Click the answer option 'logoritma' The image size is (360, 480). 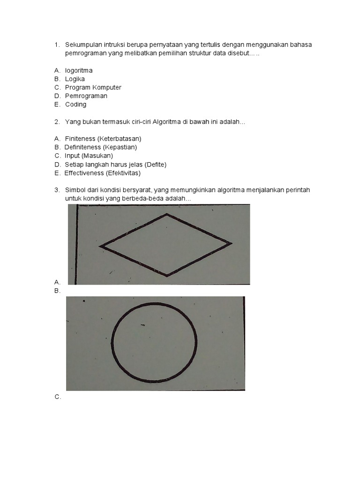tap(79, 71)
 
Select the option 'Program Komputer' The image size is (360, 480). tap(93, 88)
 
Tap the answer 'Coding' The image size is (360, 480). tap(75, 105)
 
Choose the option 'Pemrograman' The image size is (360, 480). tap(86, 96)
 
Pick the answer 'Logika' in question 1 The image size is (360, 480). tap(75, 79)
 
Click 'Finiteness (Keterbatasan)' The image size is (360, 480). tap(103, 139)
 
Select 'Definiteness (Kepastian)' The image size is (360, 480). tap(101, 147)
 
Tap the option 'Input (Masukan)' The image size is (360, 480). tap(89, 156)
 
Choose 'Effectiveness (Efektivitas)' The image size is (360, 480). tap(103, 173)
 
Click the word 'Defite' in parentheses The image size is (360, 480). tap(155, 165)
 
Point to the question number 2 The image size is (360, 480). tap(57, 122)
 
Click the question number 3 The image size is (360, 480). tap(57, 190)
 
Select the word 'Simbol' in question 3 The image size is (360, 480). tap(75, 190)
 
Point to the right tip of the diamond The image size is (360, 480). tap(232, 244)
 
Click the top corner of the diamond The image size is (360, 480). tap(167, 214)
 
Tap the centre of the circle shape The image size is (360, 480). tap(154, 343)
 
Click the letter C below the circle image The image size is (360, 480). tap(58, 397)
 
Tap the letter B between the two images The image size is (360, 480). tap(57, 291)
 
